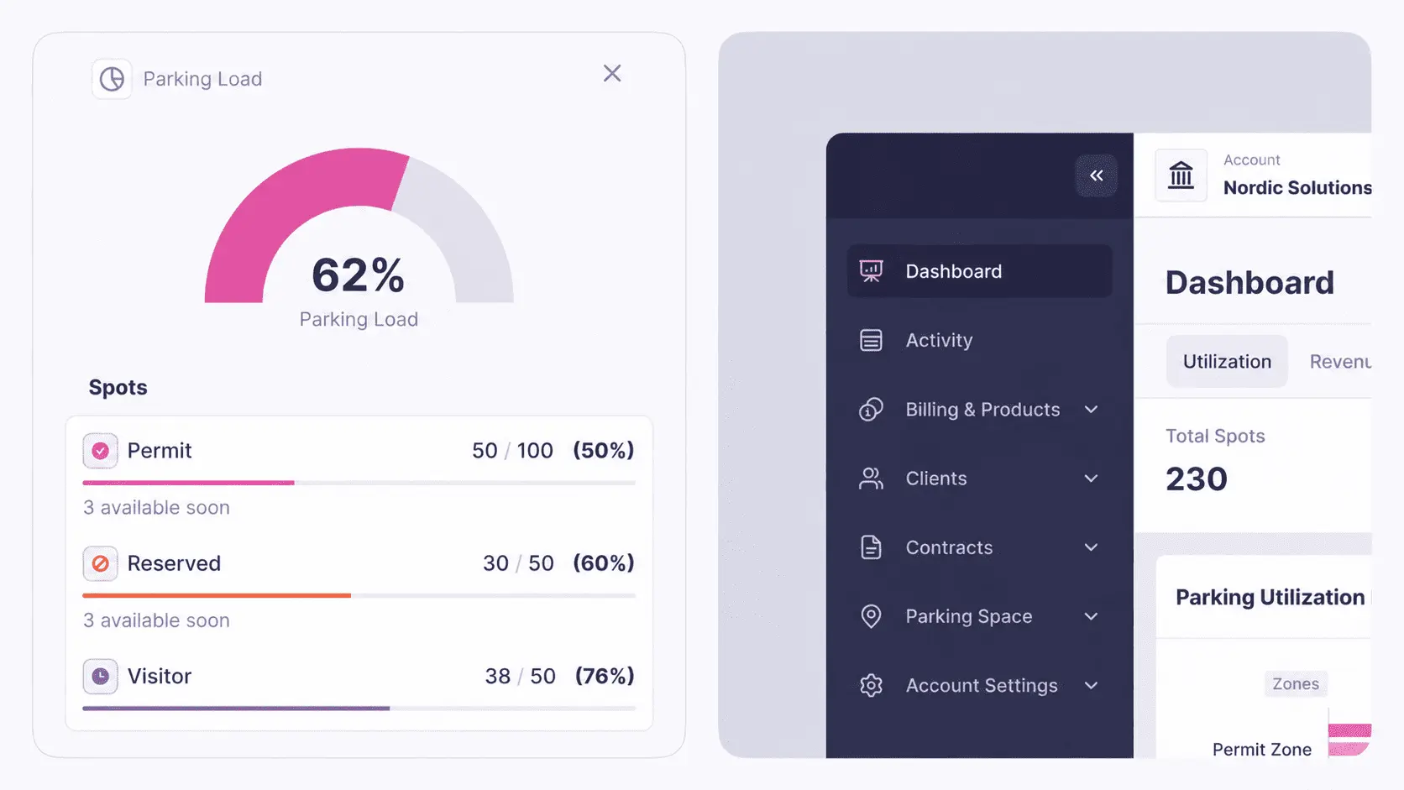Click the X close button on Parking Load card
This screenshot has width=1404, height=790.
coord(612,73)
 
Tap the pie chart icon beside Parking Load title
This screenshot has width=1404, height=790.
coord(113,79)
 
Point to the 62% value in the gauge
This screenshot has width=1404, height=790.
coord(358,275)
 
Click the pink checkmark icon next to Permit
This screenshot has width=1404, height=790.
coord(100,451)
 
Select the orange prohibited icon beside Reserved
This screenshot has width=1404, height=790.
coord(100,563)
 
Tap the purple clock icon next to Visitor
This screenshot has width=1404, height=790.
coord(100,676)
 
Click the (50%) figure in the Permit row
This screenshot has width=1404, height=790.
coord(604,451)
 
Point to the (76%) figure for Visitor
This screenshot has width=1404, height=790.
coord(605,676)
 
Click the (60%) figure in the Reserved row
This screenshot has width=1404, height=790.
coord(604,563)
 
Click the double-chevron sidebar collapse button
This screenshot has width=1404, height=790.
coord(1097,175)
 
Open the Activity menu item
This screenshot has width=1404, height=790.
coord(939,340)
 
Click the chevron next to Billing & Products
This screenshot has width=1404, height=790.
coord(1092,410)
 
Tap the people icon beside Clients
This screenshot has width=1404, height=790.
coord(871,479)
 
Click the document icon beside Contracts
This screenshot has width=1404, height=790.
coord(871,547)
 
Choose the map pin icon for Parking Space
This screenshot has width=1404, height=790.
coord(871,616)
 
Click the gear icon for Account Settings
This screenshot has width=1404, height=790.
coord(871,685)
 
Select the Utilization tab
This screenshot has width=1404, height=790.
coord(1227,362)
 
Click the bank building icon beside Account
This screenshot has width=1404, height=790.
coord(1181,175)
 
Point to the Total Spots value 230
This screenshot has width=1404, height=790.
coord(1197,479)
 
